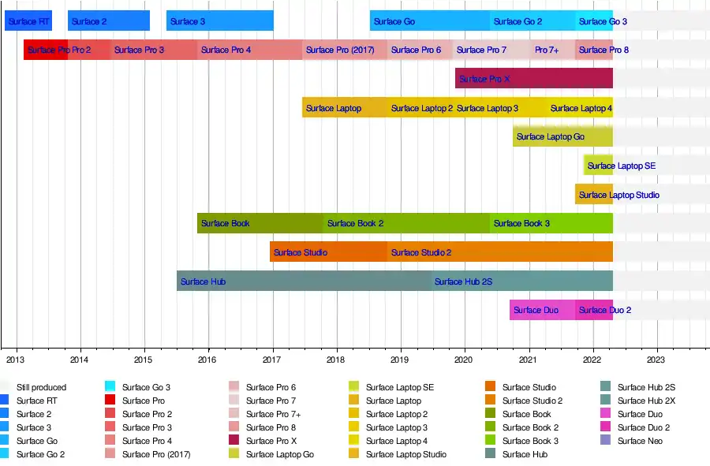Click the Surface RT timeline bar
point(28,21)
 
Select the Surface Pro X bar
point(533,79)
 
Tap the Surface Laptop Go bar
point(562,136)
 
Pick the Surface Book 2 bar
point(405,223)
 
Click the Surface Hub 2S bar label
point(463,281)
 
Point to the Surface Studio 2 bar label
point(421,252)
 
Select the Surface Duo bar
point(542,310)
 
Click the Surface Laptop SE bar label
point(621,166)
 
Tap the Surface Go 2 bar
point(532,21)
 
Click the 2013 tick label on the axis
point(15,360)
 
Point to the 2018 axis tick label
point(337,360)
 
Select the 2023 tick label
point(656,360)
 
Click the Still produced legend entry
point(41,387)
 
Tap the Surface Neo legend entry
point(640,441)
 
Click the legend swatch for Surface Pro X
point(234,441)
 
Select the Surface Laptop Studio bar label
point(619,195)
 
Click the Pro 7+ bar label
point(547,50)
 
